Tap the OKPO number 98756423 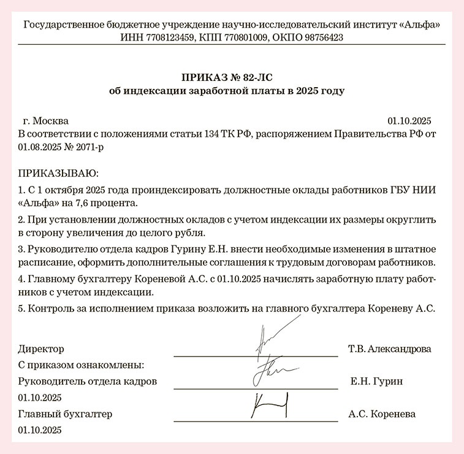coord(321,37)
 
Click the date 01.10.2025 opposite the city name coord(410,120)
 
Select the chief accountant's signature coord(270,406)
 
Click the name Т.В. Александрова coord(389,349)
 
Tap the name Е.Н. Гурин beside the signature coord(376,381)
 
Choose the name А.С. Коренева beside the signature coord(381,414)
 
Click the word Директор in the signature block coord(41,349)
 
